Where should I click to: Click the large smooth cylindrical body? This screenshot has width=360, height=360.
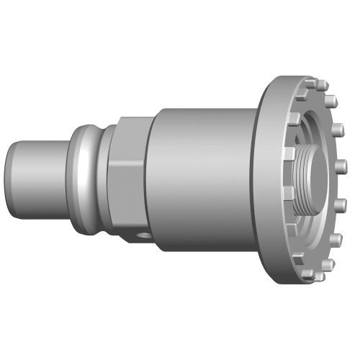(x=202, y=180)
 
